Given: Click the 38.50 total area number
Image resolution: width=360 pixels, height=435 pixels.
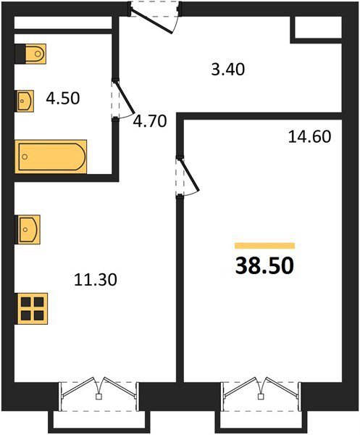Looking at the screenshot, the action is [x=264, y=265].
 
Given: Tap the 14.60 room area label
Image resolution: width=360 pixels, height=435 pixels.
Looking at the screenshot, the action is [x=309, y=137].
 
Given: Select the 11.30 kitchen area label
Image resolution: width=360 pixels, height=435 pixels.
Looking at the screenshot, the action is [x=96, y=280].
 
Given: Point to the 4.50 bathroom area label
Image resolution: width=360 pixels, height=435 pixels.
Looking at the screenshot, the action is [x=63, y=98].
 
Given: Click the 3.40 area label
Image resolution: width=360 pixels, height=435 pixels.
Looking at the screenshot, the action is [x=227, y=70].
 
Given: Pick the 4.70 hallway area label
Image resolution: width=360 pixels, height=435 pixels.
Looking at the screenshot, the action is [x=150, y=121].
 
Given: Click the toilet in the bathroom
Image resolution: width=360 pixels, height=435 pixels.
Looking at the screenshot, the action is [x=30, y=54].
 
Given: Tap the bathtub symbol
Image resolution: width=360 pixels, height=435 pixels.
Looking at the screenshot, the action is [x=51, y=157].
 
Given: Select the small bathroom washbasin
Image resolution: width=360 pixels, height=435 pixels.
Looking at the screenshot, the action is [x=25, y=101].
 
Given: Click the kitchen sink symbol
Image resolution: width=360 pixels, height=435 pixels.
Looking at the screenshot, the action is [x=28, y=229].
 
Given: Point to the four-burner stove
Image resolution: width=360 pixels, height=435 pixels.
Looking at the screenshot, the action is [x=32, y=309].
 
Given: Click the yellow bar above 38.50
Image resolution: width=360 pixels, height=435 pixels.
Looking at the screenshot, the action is [x=264, y=246].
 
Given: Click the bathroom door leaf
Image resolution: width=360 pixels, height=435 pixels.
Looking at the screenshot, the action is [x=125, y=97].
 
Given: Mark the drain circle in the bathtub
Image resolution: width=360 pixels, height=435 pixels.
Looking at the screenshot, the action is [x=25, y=157].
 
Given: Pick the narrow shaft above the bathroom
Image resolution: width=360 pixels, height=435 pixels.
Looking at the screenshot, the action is [x=63, y=22].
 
